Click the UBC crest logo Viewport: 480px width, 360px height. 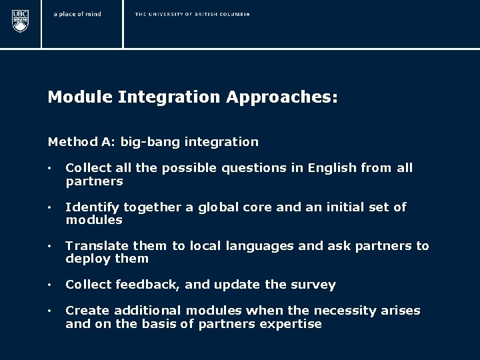[21, 21]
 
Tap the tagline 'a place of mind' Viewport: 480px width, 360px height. [77, 14]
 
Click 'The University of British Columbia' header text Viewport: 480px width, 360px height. [192, 14]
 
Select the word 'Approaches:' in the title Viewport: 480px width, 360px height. [282, 97]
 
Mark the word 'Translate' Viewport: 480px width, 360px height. [95, 246]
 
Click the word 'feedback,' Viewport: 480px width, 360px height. [150, 285]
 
